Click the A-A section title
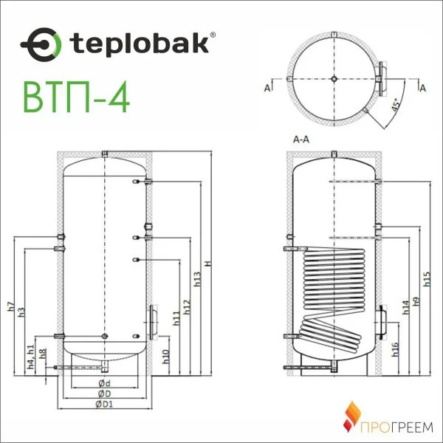(x=301, y=139)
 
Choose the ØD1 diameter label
(x=104, y=405)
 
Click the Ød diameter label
(x=104, y=383)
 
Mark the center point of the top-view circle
(x=334, y=79)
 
